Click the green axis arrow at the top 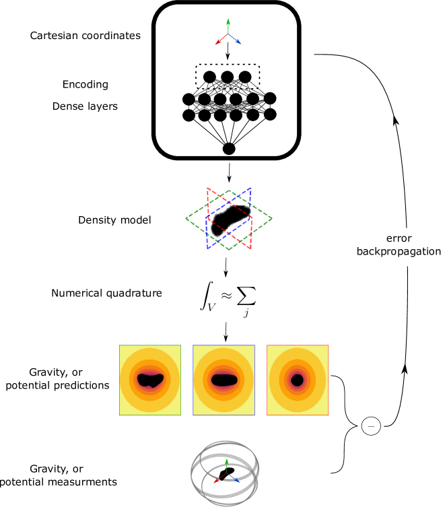pos(228,25)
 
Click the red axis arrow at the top pos(221,40)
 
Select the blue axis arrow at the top pos(236,40)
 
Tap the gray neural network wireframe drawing pos(227,98)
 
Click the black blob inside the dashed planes pos(230,219)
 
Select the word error pos(399,238)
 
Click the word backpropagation pos(399,251)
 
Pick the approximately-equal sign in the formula pos(226,297)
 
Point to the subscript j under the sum pos(246,313)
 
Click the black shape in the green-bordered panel pos(150,380)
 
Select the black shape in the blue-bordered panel pos(224,380)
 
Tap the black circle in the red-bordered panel pos(297,380)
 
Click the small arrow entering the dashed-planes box pos(229,178)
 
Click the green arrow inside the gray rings pos(226,465)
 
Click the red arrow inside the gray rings pos(217,479)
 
